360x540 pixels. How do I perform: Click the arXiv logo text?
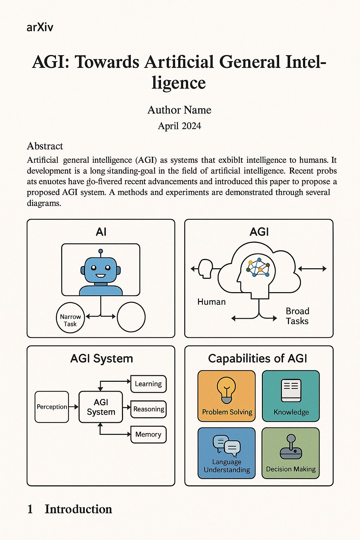point(40,27)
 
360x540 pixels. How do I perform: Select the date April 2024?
point(179,126)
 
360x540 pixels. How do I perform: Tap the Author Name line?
point(179,110)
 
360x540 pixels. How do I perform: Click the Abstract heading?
point(45,146)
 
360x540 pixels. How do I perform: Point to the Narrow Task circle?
point(70,317)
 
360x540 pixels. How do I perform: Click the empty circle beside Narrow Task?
point(131,317)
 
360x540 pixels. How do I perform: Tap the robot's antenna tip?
point(101,251)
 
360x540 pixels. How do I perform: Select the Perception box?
point(52,407)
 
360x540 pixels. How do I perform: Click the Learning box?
point(148,384)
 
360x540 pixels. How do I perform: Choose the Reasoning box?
point(148,409)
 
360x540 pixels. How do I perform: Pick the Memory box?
point(148,435)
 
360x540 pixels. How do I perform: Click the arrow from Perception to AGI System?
point(73,407)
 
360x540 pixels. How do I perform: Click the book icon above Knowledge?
point(291,390)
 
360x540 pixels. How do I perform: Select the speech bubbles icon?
point(227,445)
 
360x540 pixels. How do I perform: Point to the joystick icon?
point(291,447)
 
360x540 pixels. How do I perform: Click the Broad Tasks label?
point(297,316)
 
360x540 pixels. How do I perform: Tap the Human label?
point(211,302)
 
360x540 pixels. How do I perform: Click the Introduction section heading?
point(78,509)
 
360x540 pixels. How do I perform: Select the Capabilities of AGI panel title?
point(257,359)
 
